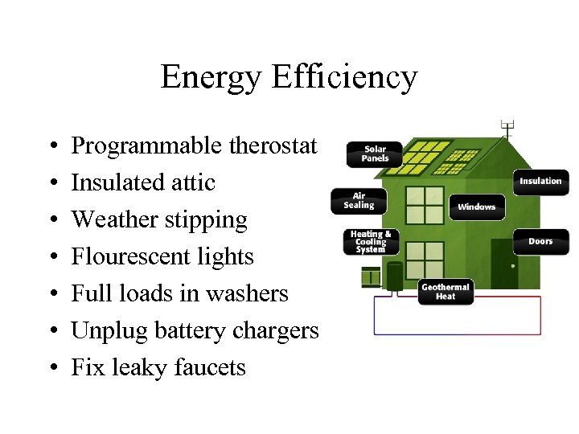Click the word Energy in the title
[211, 77]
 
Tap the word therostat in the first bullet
[274, 145]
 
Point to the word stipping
[207, 219]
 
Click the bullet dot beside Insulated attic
[51, 182]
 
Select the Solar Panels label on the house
[375, 154]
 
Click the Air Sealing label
[359, 200]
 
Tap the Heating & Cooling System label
[370, 242]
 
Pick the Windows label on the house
[476, 207]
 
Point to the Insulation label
[540, 182]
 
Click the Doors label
[540, 241]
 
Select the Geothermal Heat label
[446, 292]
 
